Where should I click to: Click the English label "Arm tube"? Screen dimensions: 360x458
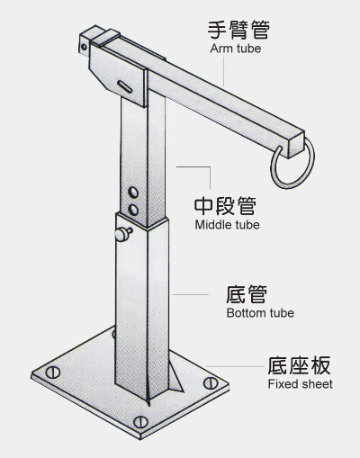(236, 49)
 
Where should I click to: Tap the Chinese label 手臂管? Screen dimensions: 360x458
(238, 30)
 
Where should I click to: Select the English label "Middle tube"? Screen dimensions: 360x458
(227, 225)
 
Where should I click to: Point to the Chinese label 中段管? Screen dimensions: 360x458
(225, 206)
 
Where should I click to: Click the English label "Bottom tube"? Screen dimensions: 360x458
(260, 313)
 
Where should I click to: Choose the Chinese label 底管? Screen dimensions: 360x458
(246, 294)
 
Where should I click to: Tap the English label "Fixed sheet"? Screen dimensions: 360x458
(300, 384)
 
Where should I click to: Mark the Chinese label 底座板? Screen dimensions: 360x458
(299, 365)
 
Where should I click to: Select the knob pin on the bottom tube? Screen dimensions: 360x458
(123, 234)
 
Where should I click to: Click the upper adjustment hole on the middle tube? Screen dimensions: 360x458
(133, 193)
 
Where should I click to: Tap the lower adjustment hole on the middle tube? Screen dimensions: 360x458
(133, 210)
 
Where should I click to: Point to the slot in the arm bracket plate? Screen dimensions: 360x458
(125, 86)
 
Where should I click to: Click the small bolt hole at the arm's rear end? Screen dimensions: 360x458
(84, 47)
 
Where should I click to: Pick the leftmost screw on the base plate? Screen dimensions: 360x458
(53, 373)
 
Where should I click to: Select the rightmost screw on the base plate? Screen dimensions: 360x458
(211, 383)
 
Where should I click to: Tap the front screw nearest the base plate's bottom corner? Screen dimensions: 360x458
(140, 422)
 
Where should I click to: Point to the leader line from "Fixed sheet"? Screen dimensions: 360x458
(235, 366)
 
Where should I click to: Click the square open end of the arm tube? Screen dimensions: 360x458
(296, 145)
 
